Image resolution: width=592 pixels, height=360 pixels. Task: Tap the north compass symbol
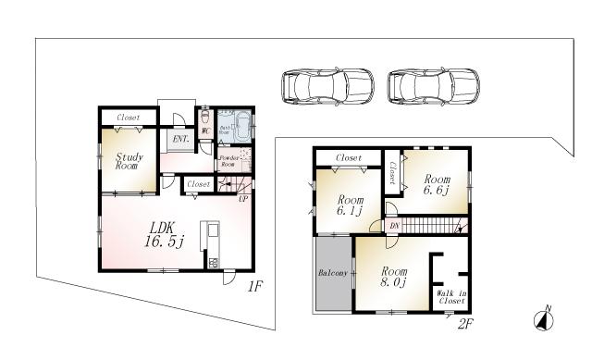tap(544, 319)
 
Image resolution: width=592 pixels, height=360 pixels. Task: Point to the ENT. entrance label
tap(180, 140)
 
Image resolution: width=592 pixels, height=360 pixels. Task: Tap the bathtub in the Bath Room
tap(240, 126)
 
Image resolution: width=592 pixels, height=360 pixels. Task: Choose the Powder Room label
tap(229, 160)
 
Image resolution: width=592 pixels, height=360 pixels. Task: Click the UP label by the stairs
tap(243, 198)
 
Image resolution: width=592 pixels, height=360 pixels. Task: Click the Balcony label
tap(333, 273)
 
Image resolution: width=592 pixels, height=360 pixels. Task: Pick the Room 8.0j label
tap(393, 276)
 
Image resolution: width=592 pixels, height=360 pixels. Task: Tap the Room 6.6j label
tap(437, 184)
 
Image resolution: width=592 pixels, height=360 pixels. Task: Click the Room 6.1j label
tap(350, 205)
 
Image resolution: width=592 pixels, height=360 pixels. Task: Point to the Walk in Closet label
tap(451, 297)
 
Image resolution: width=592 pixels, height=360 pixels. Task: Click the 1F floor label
tap(256, 287)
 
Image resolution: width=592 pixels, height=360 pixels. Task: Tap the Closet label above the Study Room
tap(129, 118)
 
